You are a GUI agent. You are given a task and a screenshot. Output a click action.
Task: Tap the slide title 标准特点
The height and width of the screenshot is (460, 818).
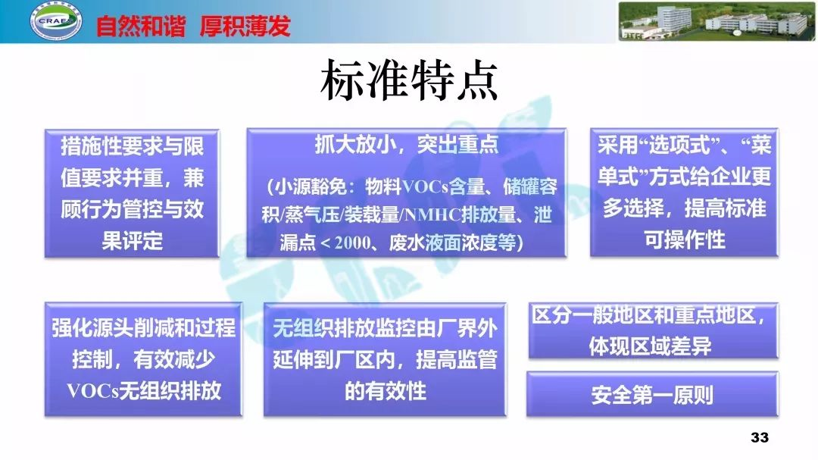408,83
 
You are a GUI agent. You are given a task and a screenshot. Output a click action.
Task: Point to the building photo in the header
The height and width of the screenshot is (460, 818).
716,21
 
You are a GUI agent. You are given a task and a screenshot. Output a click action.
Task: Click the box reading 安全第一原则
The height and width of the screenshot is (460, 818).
652,395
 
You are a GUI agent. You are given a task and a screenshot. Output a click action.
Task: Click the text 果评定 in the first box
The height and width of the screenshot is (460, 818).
133,241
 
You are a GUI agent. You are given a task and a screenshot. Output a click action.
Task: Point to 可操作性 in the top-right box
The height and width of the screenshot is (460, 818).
684,239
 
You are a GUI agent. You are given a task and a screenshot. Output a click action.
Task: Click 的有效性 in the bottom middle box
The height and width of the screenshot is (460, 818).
386,391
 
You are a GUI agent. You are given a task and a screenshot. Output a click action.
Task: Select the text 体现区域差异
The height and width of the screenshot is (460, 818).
651,346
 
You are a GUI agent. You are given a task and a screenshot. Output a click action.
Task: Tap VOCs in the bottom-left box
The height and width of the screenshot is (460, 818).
90,391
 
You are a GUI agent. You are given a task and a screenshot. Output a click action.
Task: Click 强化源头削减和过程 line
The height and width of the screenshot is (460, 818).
143,328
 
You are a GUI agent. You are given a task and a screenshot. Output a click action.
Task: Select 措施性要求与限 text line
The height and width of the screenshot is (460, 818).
133,146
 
